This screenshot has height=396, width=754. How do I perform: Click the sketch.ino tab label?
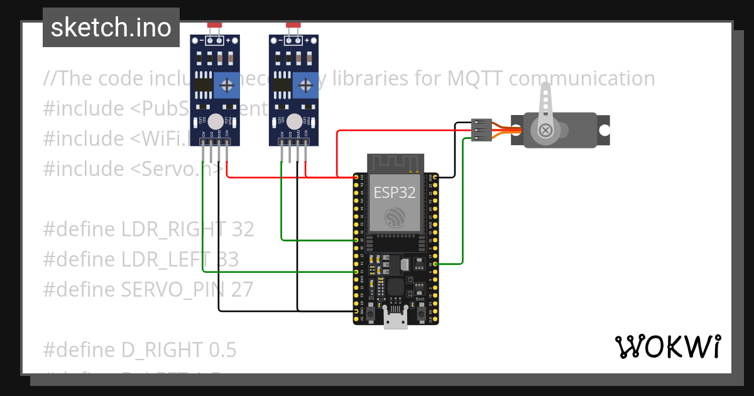[111, 28]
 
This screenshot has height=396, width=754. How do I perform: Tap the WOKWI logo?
[667, 346]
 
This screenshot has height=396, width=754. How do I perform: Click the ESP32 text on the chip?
[395, 192]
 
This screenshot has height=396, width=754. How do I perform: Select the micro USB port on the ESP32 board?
[395, 321]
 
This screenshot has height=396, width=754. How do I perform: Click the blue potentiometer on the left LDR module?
[226, 85]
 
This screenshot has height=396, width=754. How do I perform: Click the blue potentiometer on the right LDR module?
[305, 85]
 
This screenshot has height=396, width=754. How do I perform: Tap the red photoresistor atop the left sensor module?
[214, 25]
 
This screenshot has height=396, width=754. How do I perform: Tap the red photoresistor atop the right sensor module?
[293, 25]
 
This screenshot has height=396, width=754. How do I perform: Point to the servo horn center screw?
[545, 130]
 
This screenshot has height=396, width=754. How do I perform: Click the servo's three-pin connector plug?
[481, 129]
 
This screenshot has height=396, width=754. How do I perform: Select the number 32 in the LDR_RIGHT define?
[243, 229]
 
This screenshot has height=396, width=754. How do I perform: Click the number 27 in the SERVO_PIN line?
[242, 290]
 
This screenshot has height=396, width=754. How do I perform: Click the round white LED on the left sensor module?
[216, 121]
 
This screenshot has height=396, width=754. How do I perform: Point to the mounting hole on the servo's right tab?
[604, 130]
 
